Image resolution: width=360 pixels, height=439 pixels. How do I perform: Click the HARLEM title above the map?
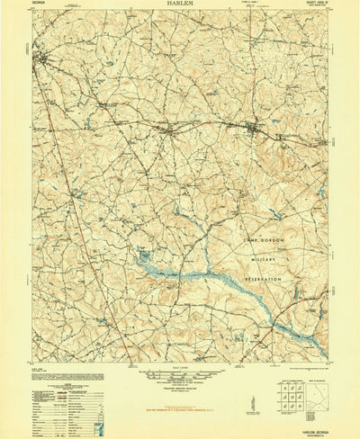click(180, 4)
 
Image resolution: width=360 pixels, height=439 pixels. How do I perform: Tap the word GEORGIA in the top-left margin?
click(40, 5)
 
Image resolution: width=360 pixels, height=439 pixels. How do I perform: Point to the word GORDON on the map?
click(265, 237)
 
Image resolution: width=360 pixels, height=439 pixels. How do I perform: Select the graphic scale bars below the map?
click(179, 376)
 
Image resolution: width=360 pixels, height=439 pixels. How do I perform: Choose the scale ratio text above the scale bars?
click(179, 367)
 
